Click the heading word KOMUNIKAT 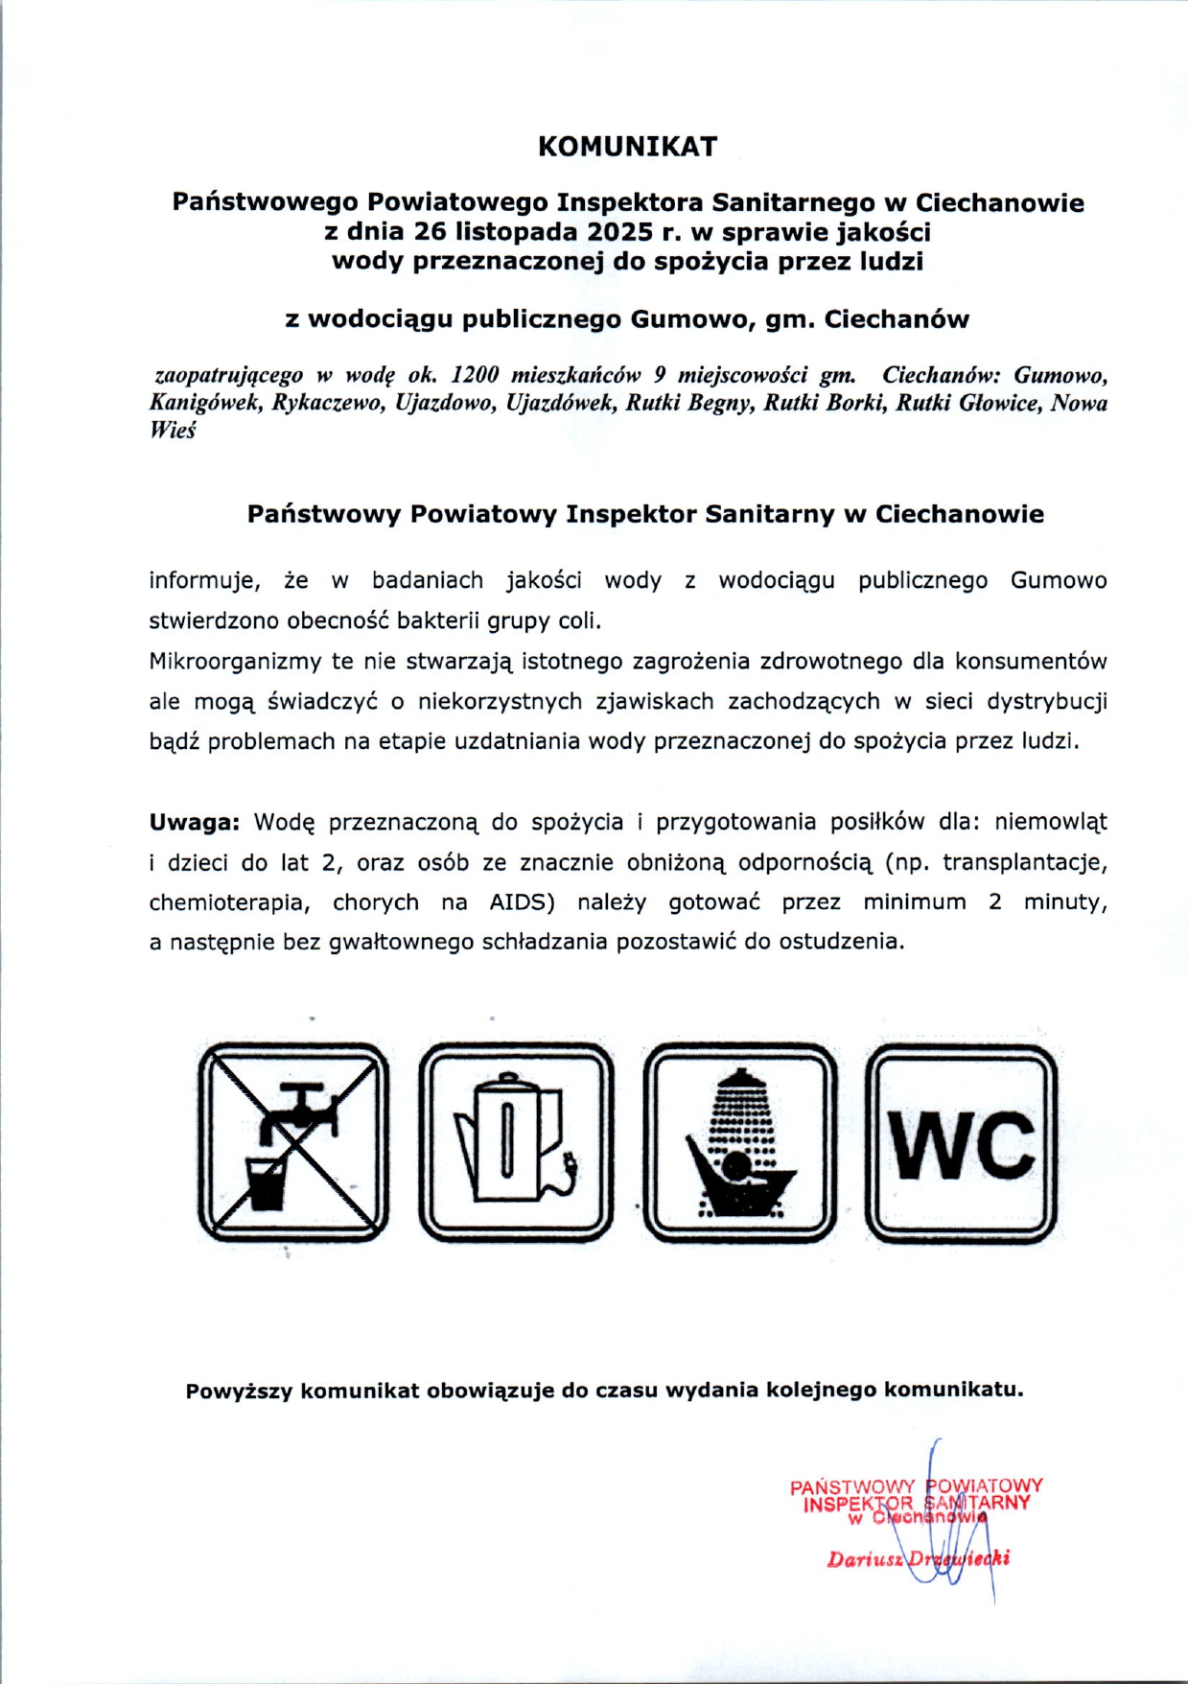pyautogui.click(x=627, y=147)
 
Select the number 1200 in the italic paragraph pyautogui.click(x=475, y=375)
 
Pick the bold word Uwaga pyautogui.click(x=192, y=822)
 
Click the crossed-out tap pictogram pyautogui.click(x=293, y=1142)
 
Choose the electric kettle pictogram pyautogui.click(x=516, y=1142)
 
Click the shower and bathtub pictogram pyautogui.click(x=739, y=1142)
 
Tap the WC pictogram pyautogui.click(x=962, y=1142)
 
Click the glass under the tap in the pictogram pyautogui.click(x=266, y=1183)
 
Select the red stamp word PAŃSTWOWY pyautogui.click(x=852, y=1487)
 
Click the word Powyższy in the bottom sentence pyautogui.click(x=239, y=1391)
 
